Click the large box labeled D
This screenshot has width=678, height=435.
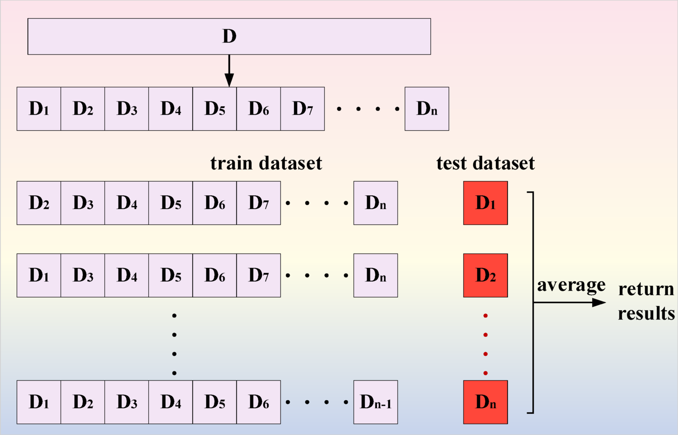click(229, 36)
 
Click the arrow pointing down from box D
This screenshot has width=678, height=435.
click(229, 71)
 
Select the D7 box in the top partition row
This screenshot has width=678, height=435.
click(302, 109)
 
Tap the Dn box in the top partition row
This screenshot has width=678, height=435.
click(426, 109)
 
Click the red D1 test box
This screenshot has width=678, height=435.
click(485, 203)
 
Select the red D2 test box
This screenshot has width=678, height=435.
click(485, 276)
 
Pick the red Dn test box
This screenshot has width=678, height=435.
click(485, 402)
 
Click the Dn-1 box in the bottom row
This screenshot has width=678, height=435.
click(375, 402)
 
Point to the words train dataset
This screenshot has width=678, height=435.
click(266, 164)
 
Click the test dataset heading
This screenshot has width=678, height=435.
click(485, 164)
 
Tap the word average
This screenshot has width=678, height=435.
click(571, 286)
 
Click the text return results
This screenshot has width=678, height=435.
click(646, 302)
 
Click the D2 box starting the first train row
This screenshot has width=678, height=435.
click(39, 203)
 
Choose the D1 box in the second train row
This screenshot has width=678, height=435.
click(39, 276)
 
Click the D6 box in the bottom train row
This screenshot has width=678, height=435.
click(258, 402)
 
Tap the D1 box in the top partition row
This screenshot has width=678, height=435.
click(39, 109)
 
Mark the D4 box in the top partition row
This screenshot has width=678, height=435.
click(171, 109)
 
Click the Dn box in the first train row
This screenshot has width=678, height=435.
click(375, 203)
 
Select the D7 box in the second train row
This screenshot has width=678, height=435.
click(258, 276)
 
